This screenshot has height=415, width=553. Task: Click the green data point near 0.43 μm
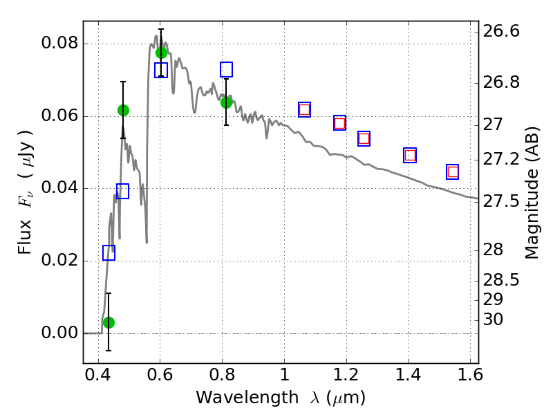coord(109,322)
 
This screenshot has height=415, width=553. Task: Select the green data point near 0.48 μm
coord(123,110)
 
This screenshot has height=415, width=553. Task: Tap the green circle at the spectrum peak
coord(162,53)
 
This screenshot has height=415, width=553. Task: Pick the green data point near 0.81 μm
coord(226,102)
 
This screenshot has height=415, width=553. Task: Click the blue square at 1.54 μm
coord(453,172)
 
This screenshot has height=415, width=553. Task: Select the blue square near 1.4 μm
coord(410,155)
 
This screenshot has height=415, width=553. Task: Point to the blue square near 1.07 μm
coord(304,109)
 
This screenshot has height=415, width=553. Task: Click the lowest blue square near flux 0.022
coord(109,253)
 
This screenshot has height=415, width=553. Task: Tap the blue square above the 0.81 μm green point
coord(226,69)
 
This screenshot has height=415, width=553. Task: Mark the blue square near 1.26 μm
coord(364,138)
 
